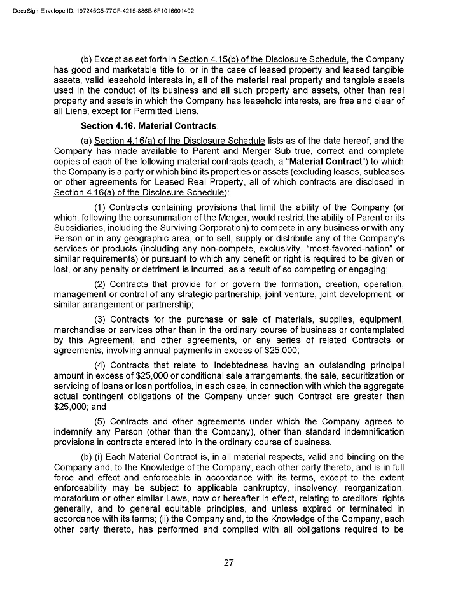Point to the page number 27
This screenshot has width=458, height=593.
tap(229, 562)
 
